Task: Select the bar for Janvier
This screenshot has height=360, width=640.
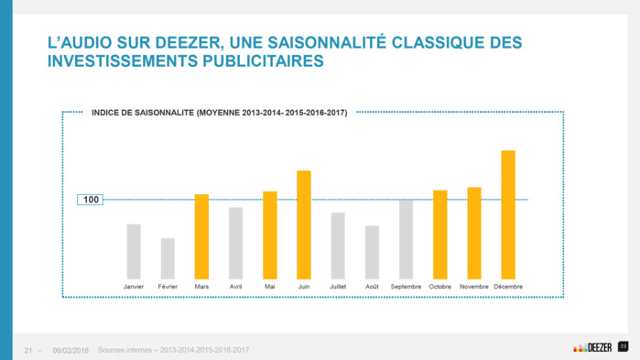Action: click(x=134, y=251)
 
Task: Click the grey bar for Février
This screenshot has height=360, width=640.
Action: click(x=168, y=258)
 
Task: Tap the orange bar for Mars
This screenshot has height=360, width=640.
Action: click(x=201, y=236)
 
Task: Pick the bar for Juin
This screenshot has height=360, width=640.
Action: click(x=304, y=224)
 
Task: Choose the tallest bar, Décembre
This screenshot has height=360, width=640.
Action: click(x=508, y=214)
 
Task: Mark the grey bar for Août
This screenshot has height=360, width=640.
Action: click(x=372, y=252)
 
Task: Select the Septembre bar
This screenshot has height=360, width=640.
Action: click(x=406, y=239)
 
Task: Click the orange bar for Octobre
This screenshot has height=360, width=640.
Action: click(x=440, y=235)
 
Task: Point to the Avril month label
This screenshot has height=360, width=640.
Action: click(x=235, y=287)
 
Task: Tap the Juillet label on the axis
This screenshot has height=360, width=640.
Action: click(x=338, y=287)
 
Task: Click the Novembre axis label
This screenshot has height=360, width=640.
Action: click(x=474, y=287)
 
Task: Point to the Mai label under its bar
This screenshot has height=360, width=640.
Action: click(x=270, y=287)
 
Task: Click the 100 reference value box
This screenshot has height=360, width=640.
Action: click(x=91, y=200)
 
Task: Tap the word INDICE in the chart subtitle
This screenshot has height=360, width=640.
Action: click(x=106, y=114)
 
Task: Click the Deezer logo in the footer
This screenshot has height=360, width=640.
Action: click(x=592, y=347)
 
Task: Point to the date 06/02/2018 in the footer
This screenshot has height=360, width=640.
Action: click(x=71, y=350)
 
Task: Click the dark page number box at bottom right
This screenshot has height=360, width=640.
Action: click(x=624, y=346)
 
